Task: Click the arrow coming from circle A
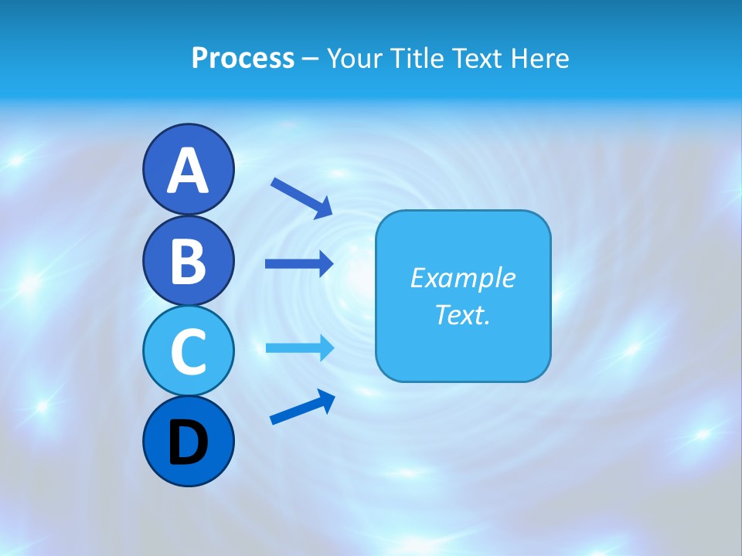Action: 301,198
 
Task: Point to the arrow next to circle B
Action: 299,263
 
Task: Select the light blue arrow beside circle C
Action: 299,347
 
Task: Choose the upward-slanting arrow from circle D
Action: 302,406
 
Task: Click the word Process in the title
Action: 243,58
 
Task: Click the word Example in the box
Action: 462,278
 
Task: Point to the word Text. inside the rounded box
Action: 462,314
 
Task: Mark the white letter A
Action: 188,171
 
